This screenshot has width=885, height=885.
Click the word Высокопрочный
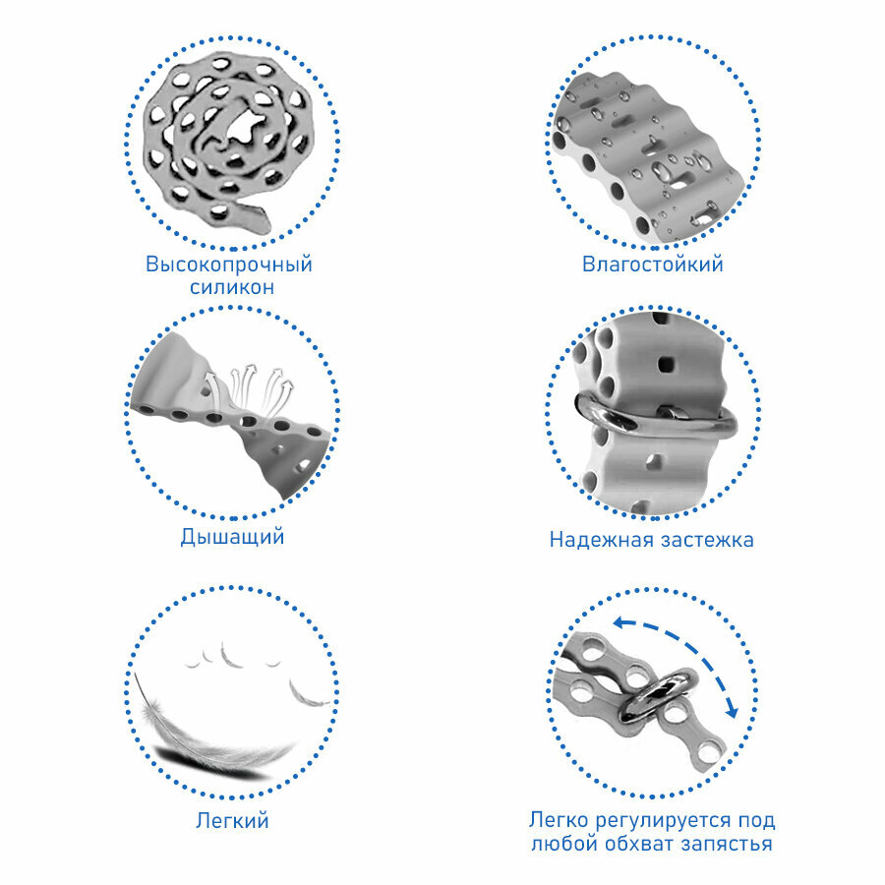click(228, 265)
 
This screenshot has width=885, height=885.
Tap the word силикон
click(232, 287)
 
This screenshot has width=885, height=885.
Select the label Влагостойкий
click(653, 265)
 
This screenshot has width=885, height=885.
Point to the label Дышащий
click(232, 537)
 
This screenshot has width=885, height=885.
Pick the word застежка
click(707, 540)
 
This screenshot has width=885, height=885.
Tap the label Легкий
click(232, 820)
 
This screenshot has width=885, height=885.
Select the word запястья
click(727, 845)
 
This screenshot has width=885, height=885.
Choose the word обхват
click(640, 844)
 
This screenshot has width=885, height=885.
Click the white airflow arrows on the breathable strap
click(249, 389)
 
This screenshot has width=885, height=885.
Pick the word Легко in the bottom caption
click(559, 820)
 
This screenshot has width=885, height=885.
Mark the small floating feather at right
click(308, 694)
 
